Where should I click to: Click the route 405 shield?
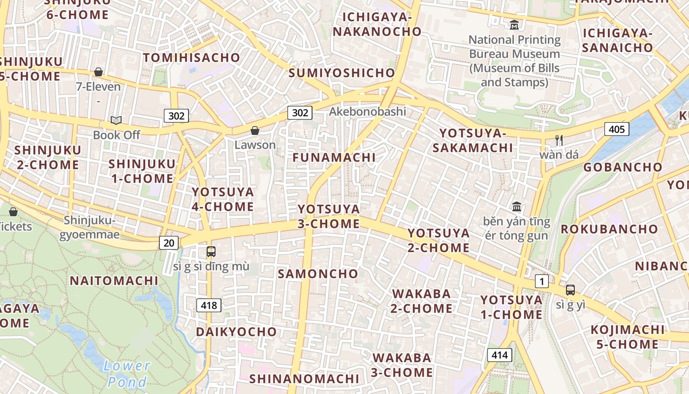(x=616, y=130)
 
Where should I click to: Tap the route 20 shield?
(x=169, y=242)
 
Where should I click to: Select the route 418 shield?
(x=209, y=305)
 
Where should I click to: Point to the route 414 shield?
(x=500, y=355)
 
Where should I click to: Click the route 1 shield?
(x=541, y=282)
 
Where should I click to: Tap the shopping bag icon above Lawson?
(x=255, y=131)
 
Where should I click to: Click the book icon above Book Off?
(x=116, y=120)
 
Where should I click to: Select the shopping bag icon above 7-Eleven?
(x=98, y=72)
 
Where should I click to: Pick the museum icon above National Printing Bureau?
(x=514, y=25)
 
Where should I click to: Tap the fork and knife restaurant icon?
(x=559, y=140)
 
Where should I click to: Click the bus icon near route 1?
(x=570, y=290)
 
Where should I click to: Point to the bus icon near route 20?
(x=211, y=252)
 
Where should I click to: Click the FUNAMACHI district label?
(x=334, y=158)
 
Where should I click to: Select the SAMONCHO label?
(x=318, y=274)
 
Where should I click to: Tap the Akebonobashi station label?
(x=368, y=111)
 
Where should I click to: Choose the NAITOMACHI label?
(x=114, y=281)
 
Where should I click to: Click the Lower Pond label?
(x=127, y=373)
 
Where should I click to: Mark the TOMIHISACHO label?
(x=191, y=58)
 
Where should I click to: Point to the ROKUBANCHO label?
(x=609, y=229)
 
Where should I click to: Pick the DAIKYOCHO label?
(x=236, y=332)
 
